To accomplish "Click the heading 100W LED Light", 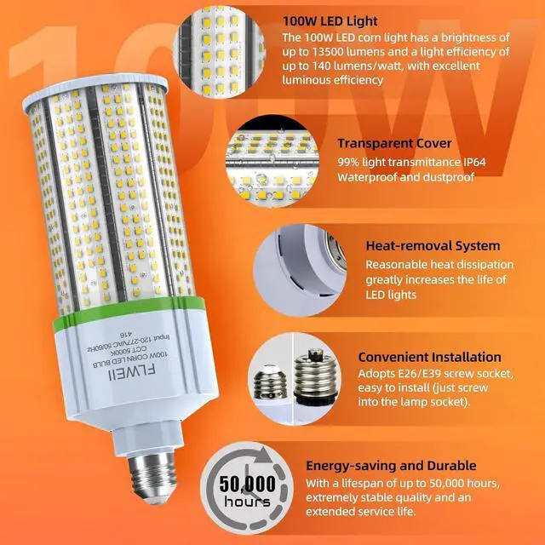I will pos(334,19).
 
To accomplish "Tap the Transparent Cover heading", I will pos(394,144).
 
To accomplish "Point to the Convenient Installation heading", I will pos(429,357).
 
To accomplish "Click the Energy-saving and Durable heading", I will pos(403,466).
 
